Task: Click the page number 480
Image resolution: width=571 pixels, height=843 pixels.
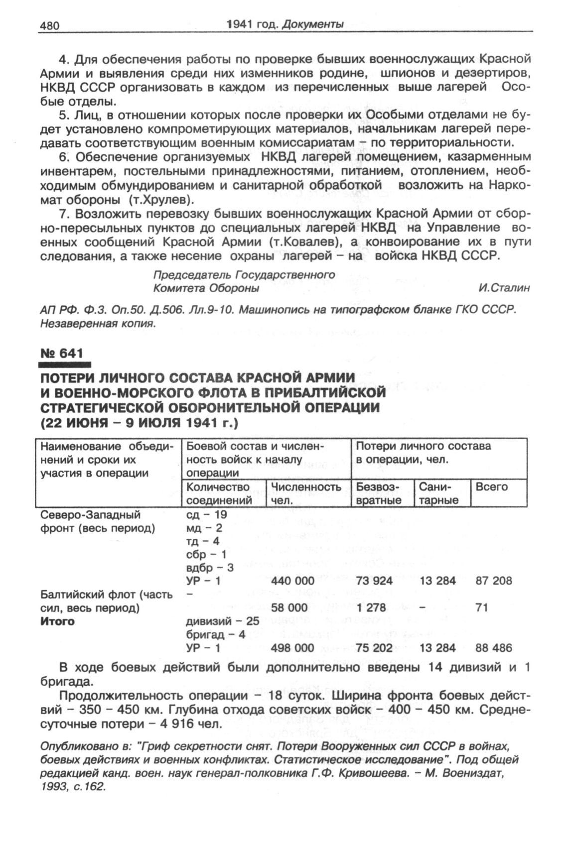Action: click(49, 25)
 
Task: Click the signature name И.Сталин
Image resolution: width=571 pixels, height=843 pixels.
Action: click(504, 288)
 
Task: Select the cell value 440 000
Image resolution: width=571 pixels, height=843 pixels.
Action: click(293, 581)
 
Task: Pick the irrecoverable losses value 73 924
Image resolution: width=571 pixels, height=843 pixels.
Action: click(374, 581)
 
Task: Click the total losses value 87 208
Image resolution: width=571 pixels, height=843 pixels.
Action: click(494, 581)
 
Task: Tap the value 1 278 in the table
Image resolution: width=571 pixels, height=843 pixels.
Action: click(372, 607)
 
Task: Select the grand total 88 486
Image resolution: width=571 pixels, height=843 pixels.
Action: click(494, 648)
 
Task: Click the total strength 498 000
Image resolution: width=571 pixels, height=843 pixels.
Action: click(293, 648)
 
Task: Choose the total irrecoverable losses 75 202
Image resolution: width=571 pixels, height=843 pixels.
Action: click(374, 648)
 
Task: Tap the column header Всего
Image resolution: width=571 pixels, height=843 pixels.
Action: click(492, 487)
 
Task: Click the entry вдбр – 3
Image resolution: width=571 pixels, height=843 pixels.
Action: click(210, 567)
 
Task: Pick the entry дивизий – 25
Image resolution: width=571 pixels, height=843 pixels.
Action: click(222, 621)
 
